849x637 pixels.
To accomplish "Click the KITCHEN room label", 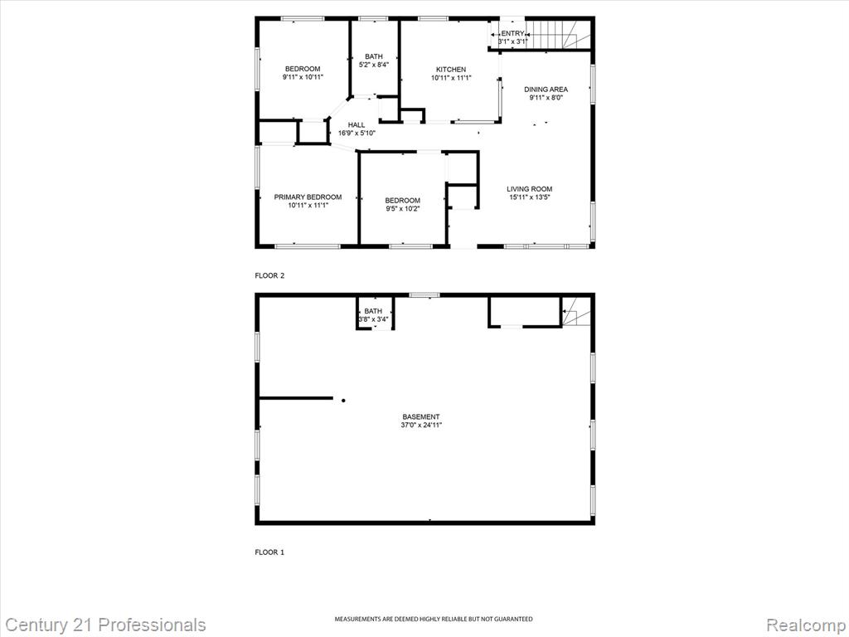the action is point(451,70).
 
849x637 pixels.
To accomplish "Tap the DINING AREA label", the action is point(546,90).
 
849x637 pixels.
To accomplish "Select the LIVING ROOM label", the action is point(530,189).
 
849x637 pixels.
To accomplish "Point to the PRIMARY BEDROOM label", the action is point(308,197).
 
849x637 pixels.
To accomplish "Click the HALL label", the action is point(357,125).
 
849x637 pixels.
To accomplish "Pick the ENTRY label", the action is point(512,33).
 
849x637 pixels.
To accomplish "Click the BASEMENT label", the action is point(421,417).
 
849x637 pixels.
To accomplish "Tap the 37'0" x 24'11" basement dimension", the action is point(421,425).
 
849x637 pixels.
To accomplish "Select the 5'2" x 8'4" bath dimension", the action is point(374,65).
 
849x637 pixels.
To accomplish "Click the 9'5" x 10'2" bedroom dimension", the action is point(403,208).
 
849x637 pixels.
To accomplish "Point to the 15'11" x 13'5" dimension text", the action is point(530,197).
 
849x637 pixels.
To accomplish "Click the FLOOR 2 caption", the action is point(269,275).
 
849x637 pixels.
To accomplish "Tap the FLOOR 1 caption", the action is point(269,552).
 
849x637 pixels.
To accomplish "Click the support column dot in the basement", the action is point(343,401).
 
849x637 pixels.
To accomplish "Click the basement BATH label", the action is point(373,311).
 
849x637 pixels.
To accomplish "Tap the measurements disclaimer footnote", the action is point(433,619).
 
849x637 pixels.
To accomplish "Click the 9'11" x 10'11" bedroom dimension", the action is point(303,77).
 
